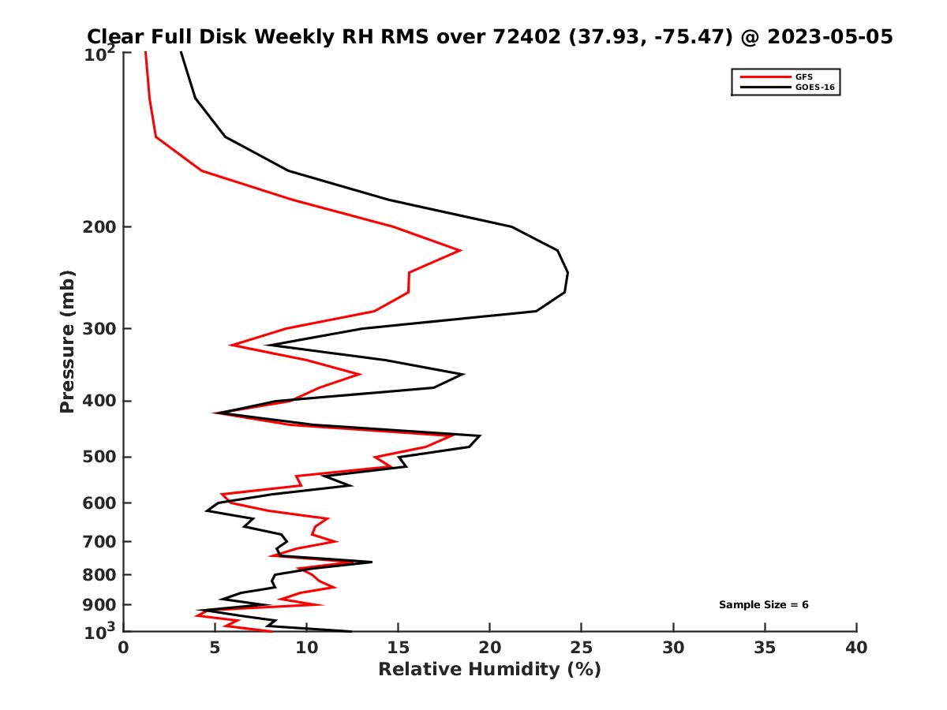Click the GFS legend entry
coord(803,77)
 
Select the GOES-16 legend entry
coord(814,88)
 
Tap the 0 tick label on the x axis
coord(123,648)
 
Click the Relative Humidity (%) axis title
coord(489,670)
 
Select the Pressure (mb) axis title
coord(67,341)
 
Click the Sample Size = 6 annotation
coord(763,605)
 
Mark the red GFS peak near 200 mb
coord(460,251)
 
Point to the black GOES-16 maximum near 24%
coord(567,273)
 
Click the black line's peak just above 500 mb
coord(480,435)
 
